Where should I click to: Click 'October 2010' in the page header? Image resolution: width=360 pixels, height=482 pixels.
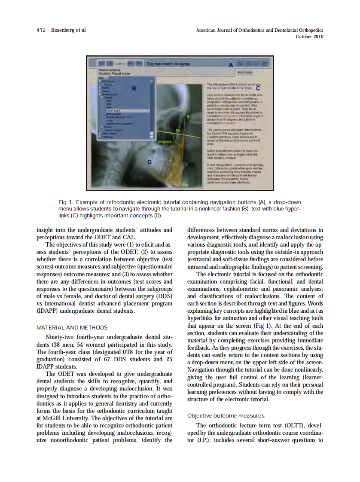coord(310,37)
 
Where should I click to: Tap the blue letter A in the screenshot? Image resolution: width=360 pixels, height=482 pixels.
coord(231,65)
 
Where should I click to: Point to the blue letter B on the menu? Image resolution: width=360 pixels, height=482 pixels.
coord(134,88)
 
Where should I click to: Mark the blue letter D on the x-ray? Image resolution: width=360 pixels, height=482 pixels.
coord(149,162)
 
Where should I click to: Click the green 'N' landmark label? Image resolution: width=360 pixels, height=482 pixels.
coord(187,116)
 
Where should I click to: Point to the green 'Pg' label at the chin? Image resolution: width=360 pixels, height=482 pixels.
coord(186,185)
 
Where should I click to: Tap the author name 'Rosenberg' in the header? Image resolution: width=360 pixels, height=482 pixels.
coord(62,30)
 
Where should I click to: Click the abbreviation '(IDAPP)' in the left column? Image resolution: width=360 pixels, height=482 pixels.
coord(43,311)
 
